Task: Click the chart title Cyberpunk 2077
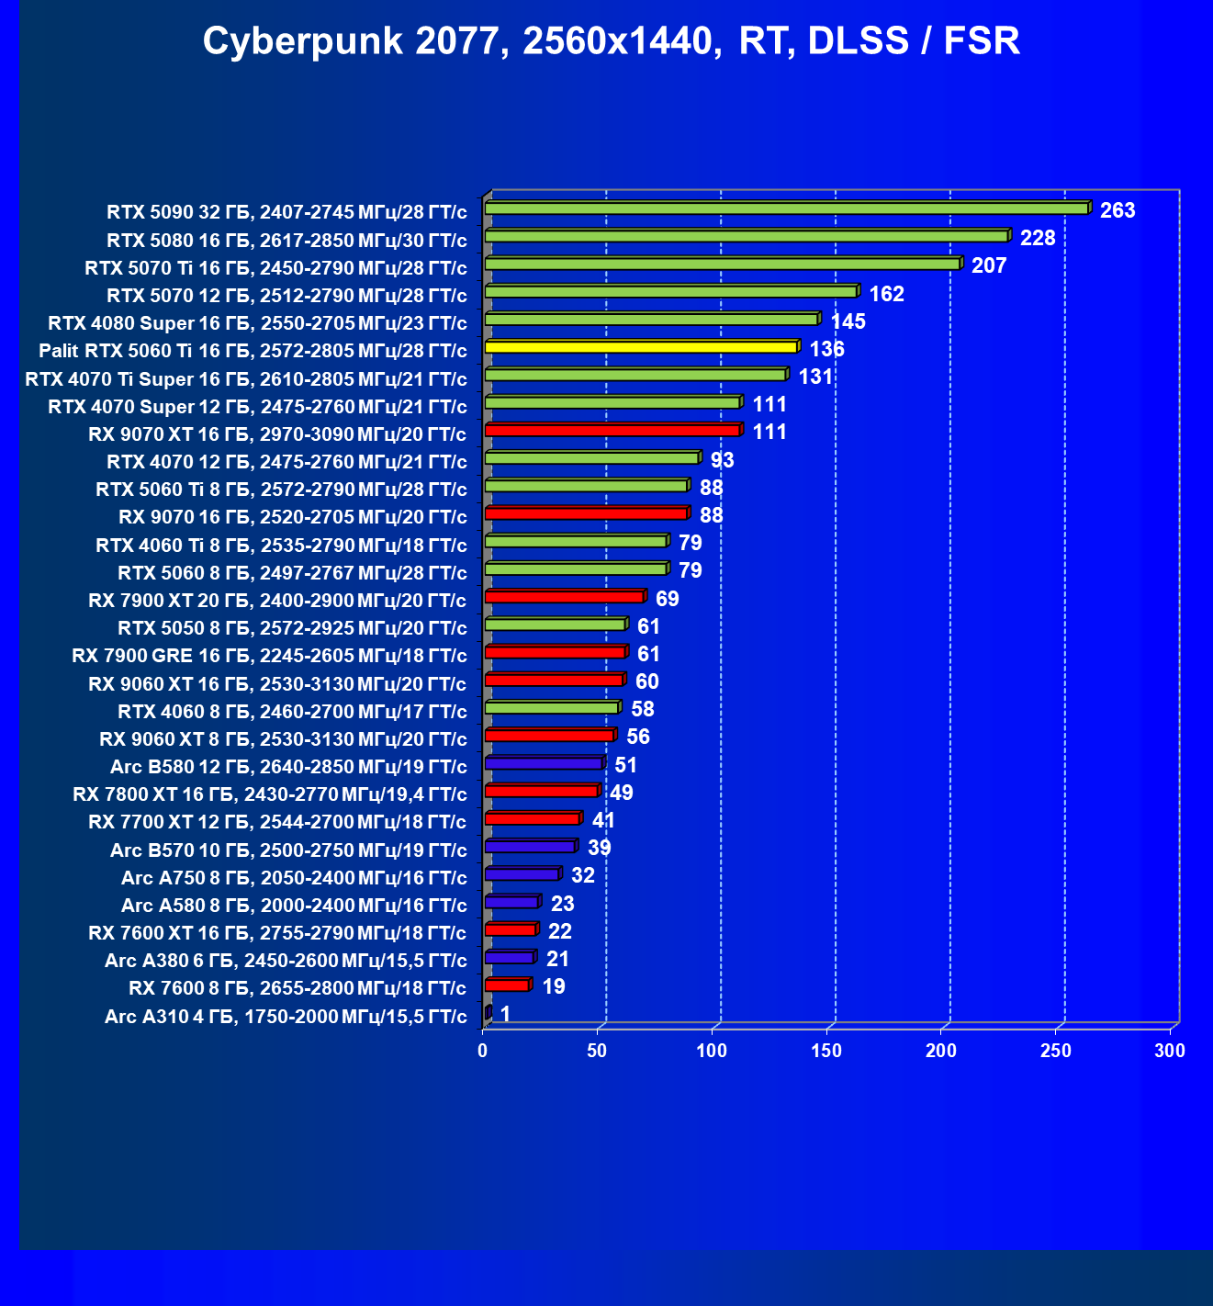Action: pos(611,41)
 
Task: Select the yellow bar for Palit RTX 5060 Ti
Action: pos(641,347)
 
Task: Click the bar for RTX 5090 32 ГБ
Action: pos(786,208)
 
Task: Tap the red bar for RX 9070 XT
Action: pos(612,430)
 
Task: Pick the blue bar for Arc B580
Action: pos(544,763)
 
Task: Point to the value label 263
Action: pos(1118,210)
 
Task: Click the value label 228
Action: pos(1038,238)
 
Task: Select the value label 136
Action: pos(826,349)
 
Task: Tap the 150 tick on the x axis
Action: pos(826,1051)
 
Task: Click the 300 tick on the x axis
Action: pos(1170,1051)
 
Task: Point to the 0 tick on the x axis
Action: pos(483,1051)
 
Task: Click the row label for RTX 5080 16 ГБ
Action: pos(286,241)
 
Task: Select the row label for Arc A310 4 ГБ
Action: pos(286,1017)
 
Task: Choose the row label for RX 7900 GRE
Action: pos(269,656)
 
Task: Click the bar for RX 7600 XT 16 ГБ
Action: pos(511,929)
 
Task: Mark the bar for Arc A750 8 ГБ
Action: pos(522,874)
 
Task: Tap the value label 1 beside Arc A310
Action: pos(505,1014)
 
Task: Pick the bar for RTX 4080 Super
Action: pos(651,320)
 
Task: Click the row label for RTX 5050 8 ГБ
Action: pos(292,628)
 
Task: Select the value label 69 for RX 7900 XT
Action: pos(668,599)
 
